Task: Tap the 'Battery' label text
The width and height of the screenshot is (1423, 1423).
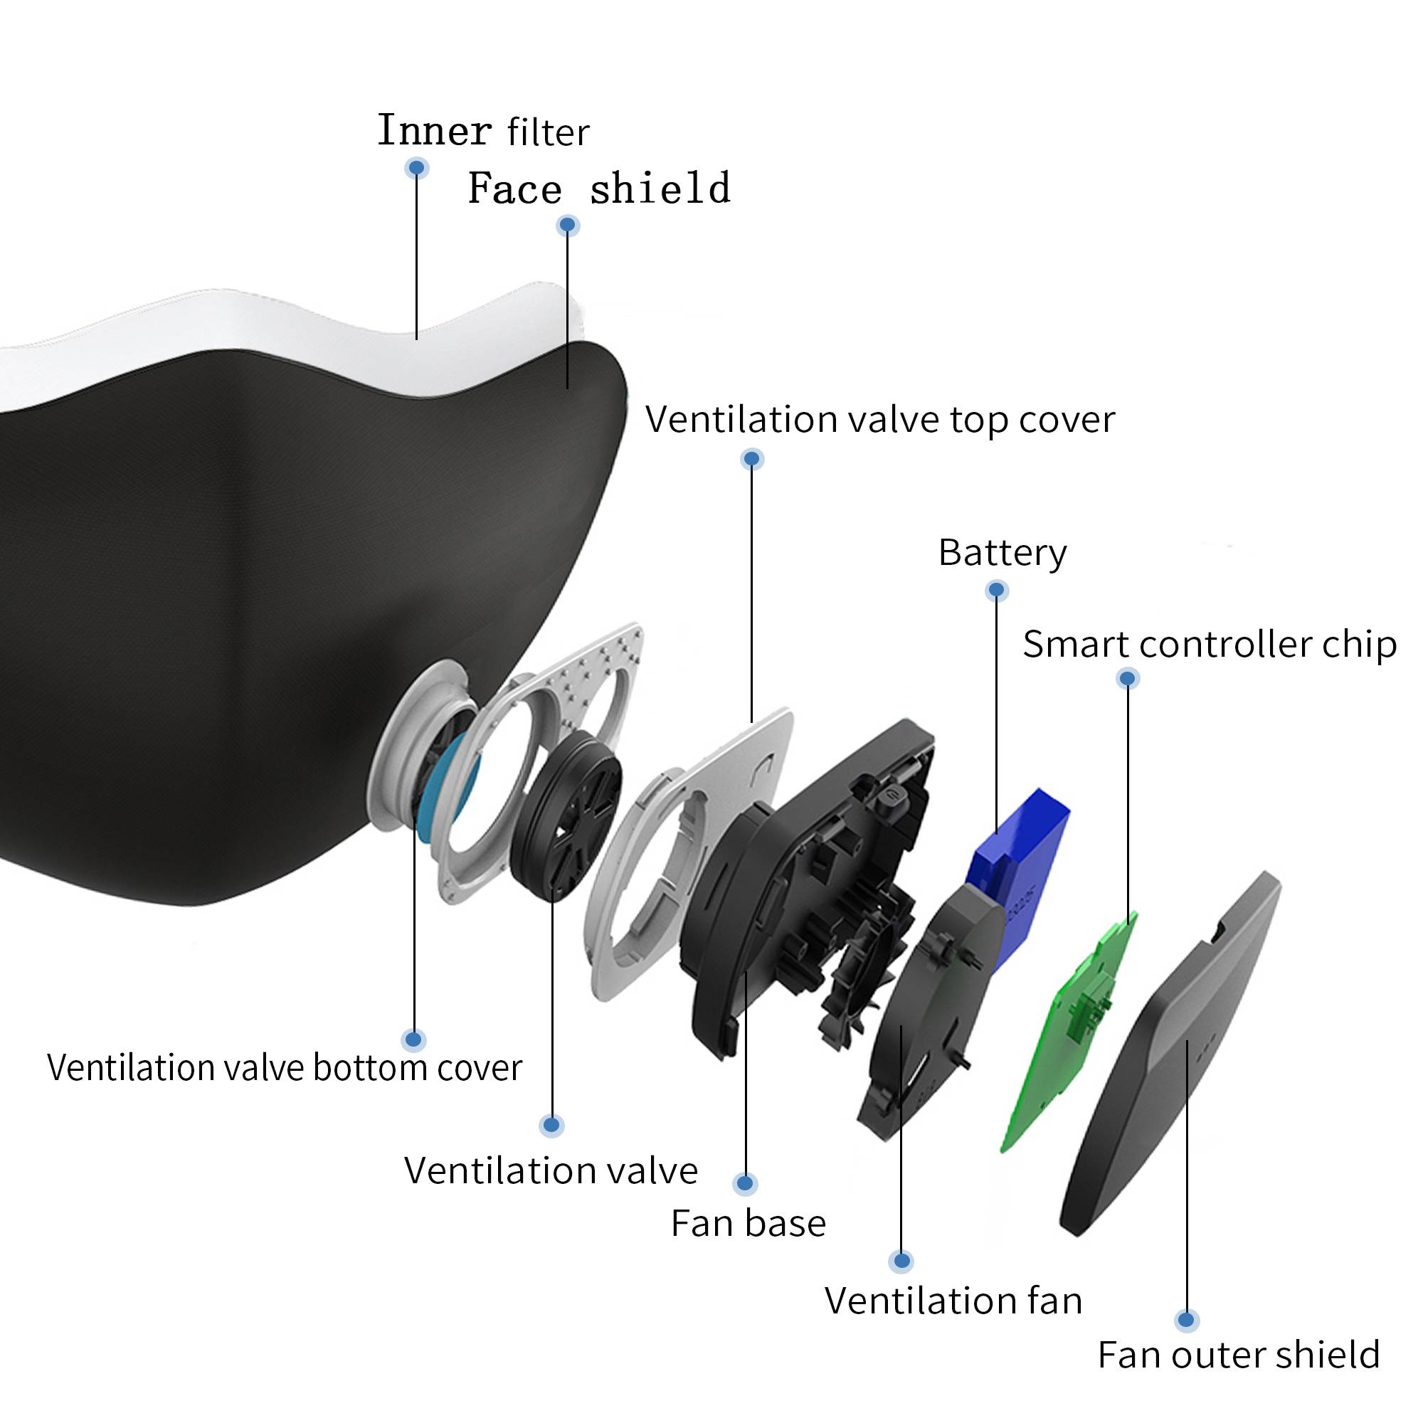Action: (x=1002, y=552)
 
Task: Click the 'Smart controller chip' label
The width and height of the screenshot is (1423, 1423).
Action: (x=1210, y=645)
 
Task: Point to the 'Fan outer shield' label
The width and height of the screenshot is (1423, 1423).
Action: (x=1238, y=1355)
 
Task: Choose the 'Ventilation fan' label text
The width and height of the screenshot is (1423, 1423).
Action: (x=953, y=1300)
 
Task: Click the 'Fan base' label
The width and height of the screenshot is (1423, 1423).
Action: (x=748, y=1223)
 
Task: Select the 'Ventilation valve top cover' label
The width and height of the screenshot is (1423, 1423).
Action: (x=880, y=419)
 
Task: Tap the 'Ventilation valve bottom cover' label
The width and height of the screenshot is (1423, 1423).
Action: (x=285, y=1067)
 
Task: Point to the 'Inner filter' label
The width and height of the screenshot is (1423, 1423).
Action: (x=483, y=131)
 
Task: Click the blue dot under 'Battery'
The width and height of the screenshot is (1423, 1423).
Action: (x=997, y=590)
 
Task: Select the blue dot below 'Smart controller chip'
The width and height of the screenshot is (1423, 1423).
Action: (x=1128, y=678)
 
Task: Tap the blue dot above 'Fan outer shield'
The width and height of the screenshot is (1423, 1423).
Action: (x=1186, y=1320)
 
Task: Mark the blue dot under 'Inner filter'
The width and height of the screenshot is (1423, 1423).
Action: (x=417, y=168)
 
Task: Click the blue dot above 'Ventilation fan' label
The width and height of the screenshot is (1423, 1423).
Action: (x=901, y=1261)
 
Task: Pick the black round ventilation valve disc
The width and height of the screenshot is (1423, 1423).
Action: (x=566, y=818)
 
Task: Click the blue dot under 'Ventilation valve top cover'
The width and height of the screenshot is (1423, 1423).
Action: (x=751, y=459)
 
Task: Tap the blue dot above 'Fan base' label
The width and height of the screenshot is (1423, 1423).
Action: (x=746, y=1184)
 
